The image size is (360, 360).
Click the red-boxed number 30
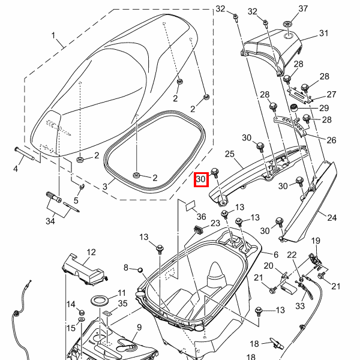[200, 179]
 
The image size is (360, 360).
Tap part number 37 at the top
[302, 8]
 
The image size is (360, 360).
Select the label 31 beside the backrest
[324, 34]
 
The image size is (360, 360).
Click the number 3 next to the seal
[104, 187]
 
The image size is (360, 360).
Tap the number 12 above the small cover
[91, 252]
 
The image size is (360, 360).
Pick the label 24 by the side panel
[332, 216]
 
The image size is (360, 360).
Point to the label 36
[201, 217]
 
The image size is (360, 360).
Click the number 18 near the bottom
[254, 344]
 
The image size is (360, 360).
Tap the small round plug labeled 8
[139, 268]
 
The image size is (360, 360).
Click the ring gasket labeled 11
[100, 299]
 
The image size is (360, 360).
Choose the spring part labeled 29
[295, 107]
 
